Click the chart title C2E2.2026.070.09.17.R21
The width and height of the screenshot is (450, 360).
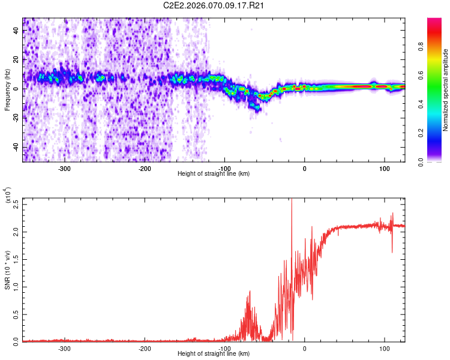click(214, 5)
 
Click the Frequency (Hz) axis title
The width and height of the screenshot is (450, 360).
click(7, 90)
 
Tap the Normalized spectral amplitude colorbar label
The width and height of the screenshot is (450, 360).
click(446, 90)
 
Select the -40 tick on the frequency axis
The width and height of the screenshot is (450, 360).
click(16, 148)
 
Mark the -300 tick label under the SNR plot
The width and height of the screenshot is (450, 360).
click(64, 348)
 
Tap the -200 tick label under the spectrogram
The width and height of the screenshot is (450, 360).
click(144, 169)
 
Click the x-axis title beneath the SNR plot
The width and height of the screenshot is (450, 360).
click(214, 354)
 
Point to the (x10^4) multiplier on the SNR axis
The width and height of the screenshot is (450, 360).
click(7, 196)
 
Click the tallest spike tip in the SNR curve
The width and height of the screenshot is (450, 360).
click(291, 199)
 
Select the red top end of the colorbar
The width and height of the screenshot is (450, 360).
click(434, 20)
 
